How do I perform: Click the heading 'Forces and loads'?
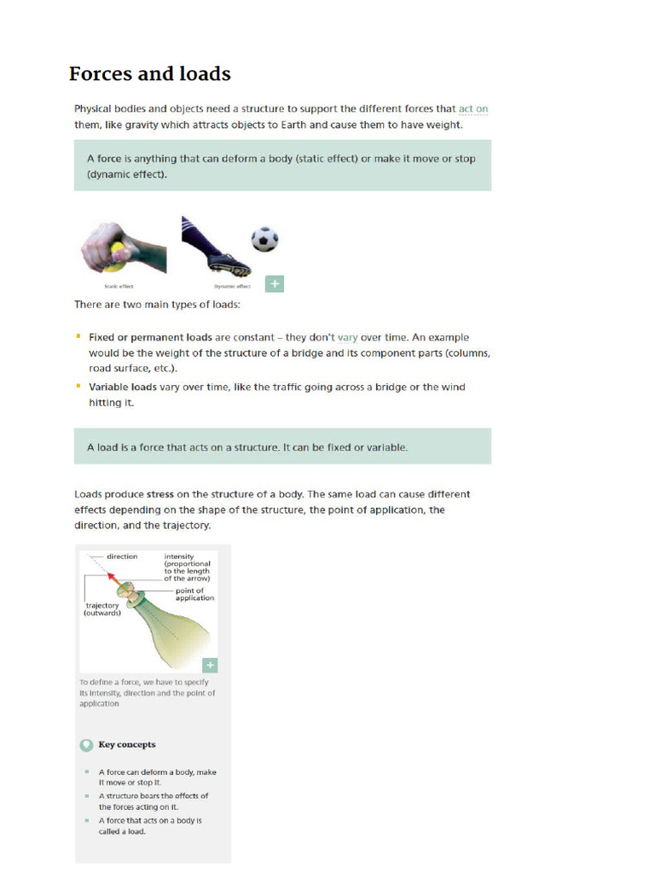pos(150,74)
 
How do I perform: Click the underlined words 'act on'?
pos(473,109)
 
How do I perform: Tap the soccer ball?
pos(264,239)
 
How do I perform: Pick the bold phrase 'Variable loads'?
pos(119,387)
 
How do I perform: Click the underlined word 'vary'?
pos(347,338)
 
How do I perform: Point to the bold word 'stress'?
pos(160,494)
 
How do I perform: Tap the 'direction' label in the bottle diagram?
pos(122,556)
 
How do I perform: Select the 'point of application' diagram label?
pos(194,594)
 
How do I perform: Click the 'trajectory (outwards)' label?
pos(101,609)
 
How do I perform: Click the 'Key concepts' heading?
pos(127,744)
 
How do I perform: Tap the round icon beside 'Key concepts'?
pos(86,744)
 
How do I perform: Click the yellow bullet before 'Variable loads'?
pos(78,387)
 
